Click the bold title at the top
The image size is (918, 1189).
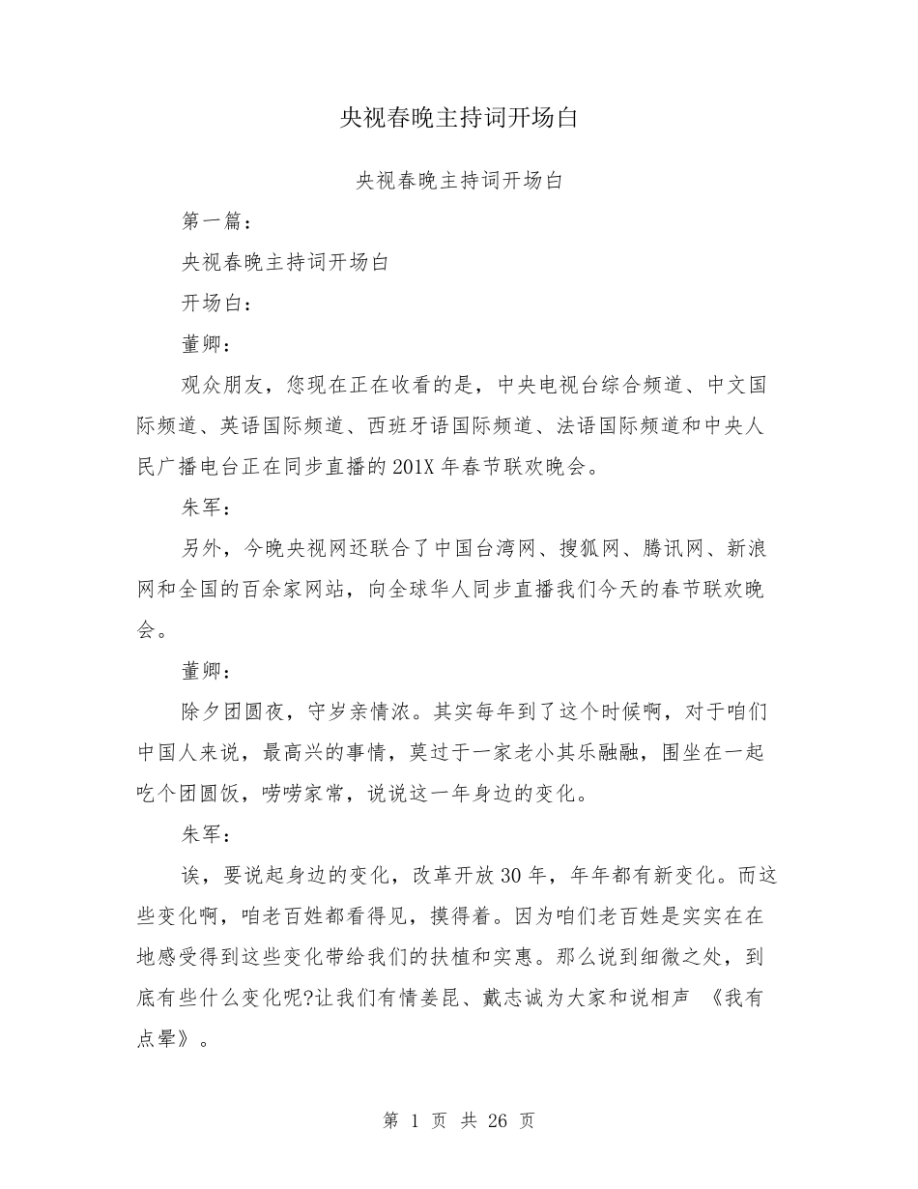point(459,118)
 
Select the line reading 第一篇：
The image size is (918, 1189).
point(217,221)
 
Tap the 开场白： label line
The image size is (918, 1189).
point(217,304)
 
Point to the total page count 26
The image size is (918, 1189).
point(499,1121)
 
